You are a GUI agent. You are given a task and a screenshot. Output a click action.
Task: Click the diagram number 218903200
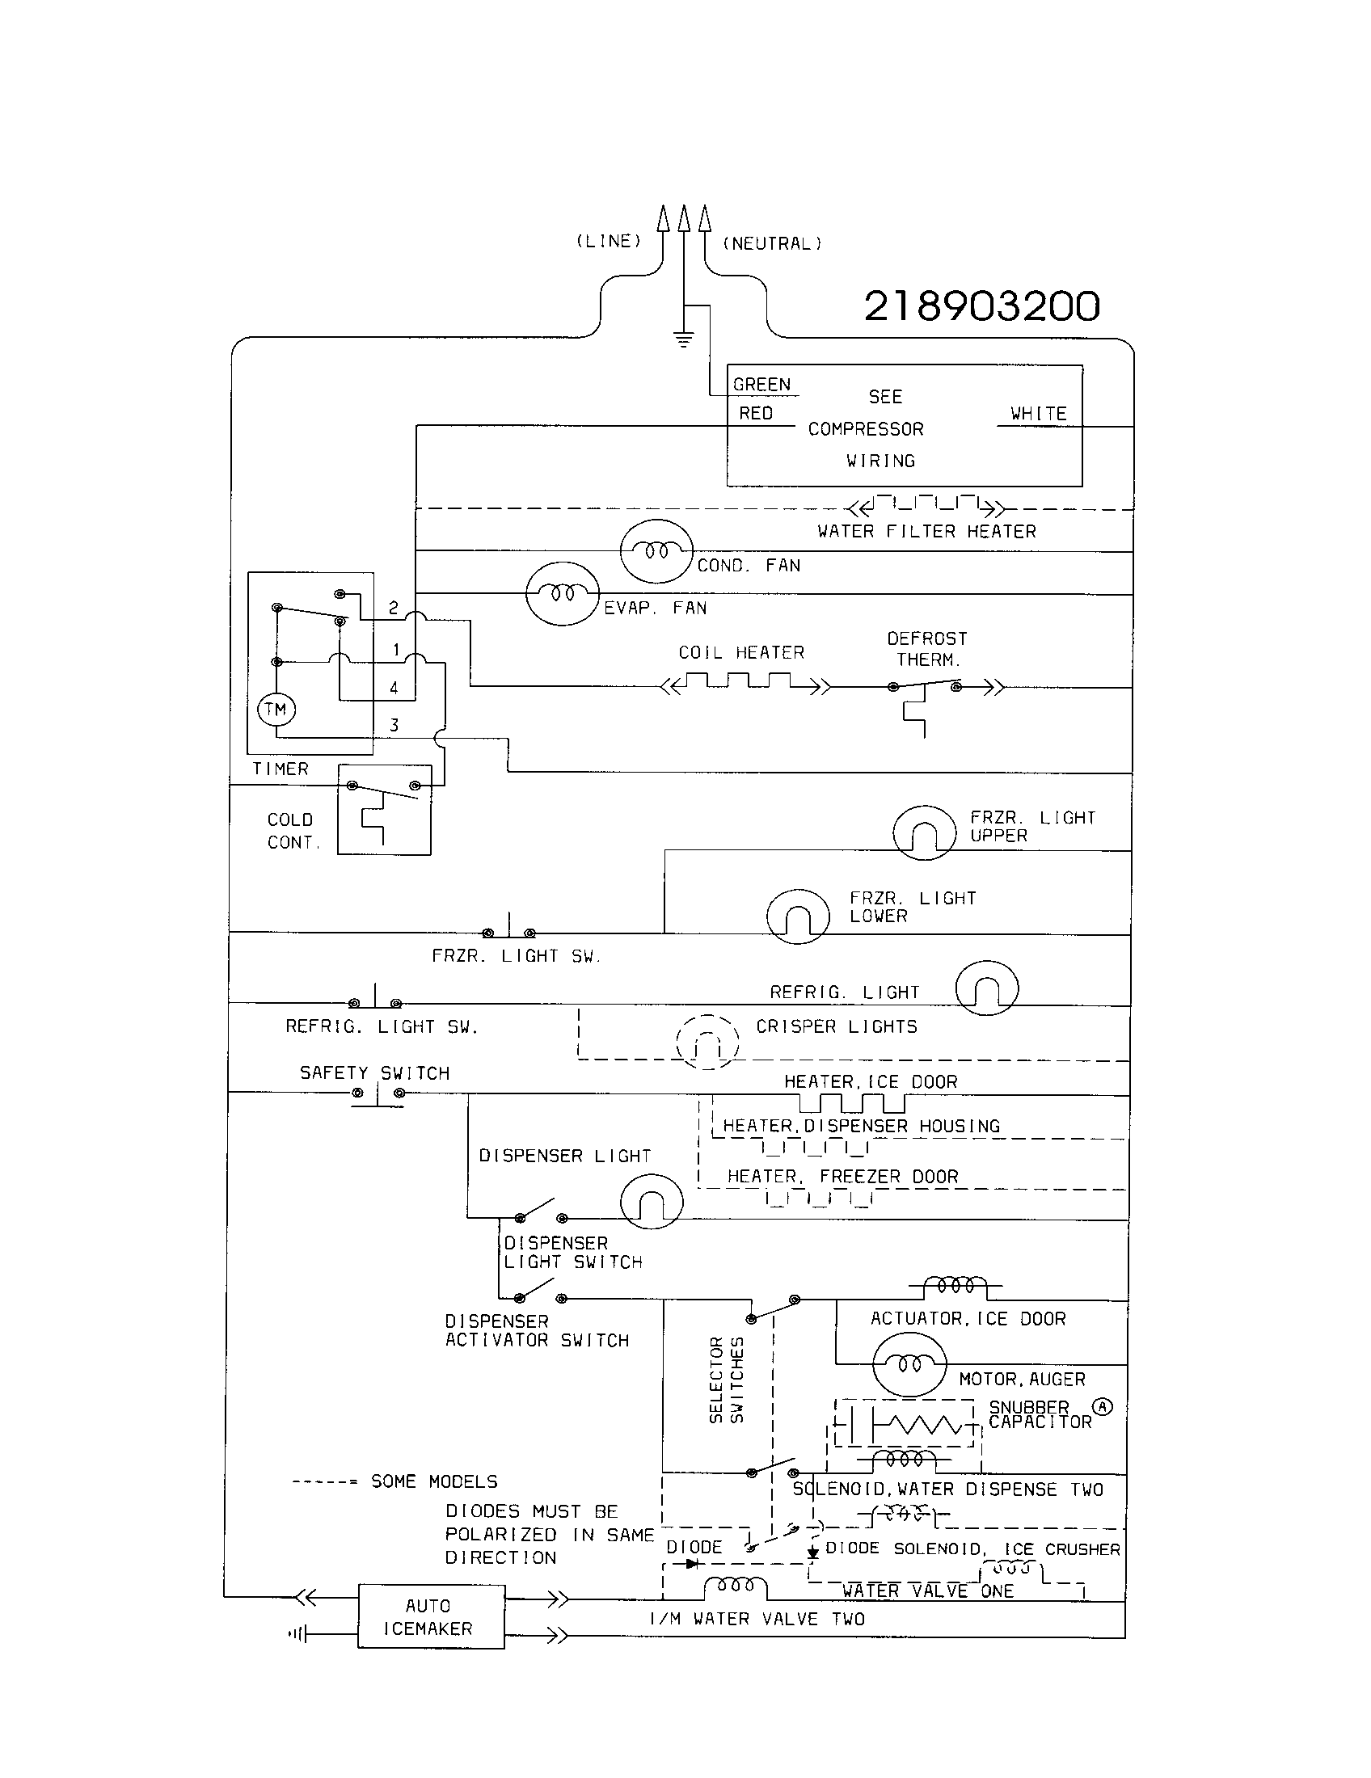click(981, 307)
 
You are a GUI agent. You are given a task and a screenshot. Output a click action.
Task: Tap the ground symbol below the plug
click(684, 339)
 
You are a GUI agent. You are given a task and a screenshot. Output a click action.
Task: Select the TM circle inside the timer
click(276, 709)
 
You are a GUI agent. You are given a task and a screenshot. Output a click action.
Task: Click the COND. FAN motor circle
click(656, 551)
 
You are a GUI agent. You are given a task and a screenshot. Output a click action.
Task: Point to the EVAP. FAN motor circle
click(563, 593)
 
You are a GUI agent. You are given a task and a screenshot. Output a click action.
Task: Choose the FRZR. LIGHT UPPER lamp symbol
click(924, 832)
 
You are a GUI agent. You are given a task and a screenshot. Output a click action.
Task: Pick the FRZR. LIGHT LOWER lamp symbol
click(798, 916)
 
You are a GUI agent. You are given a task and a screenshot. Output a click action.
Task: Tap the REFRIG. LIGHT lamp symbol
click(987, 988)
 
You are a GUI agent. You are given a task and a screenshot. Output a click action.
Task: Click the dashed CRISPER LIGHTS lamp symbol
click(707, 1042)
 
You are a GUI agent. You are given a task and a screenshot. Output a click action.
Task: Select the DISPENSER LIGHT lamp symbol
click(652, 1201)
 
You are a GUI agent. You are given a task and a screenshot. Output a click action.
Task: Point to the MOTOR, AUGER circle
click(909, 1363)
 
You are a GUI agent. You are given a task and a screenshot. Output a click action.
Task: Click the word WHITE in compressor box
click(1038, 414)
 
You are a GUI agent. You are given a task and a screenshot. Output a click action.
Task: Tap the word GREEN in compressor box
click(761, 384)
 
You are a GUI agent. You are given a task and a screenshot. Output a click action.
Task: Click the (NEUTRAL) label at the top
click(773, 243)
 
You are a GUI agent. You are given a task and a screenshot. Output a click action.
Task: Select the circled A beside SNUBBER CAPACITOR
click(1102, 1406)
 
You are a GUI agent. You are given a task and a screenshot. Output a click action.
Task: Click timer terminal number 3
click(394, 725)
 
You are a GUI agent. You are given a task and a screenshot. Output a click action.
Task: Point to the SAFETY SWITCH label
click(374, 1073)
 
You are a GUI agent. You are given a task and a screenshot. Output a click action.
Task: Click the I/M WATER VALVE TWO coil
click(734, 1586)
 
